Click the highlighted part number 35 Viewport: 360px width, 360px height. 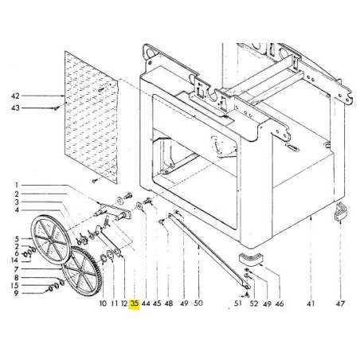pyautogui.click(x=135, y=303)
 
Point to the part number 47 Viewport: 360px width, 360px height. pyautogui.click(x=341, y=303)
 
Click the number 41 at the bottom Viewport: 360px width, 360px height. pyautogui.click(x=311, y=303)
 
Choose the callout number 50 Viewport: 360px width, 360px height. pyautogui.click(x=198, y=303)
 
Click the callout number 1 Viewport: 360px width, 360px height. pyautogui.click(x=14, y=186)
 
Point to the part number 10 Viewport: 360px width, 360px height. pyautogui.click(x=103, y=303)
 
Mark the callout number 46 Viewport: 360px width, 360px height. pyautogui.click(x=280, y=303)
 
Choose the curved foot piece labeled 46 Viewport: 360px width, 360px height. pyautogui.click(x=252, y=260)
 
